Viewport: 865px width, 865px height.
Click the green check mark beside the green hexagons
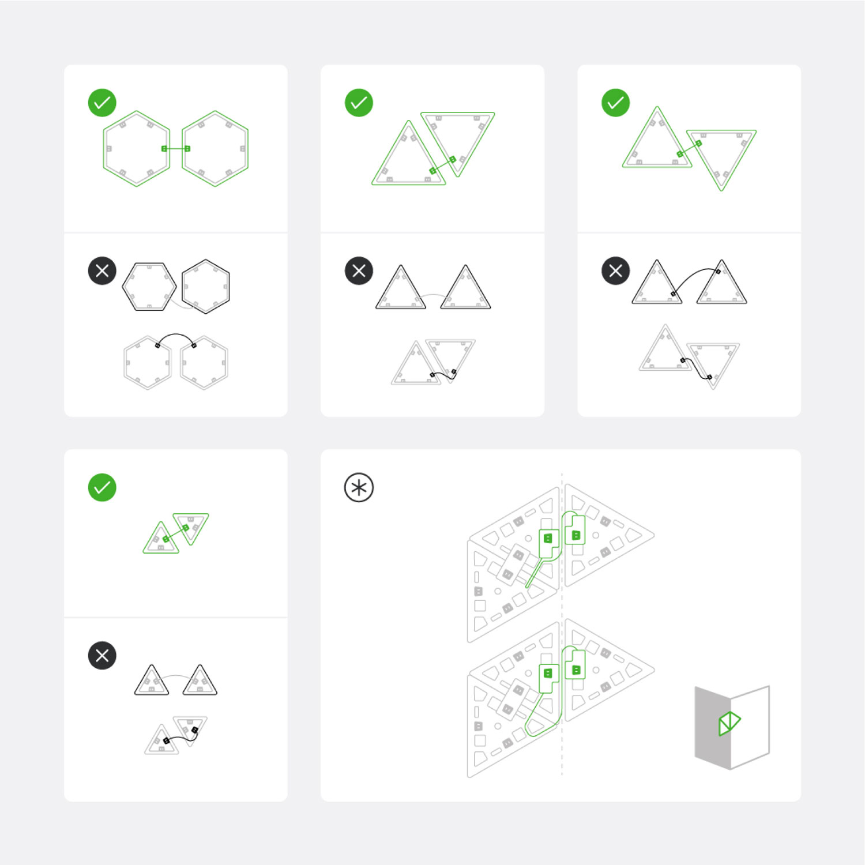pos(102,103)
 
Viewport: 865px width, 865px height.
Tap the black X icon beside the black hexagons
pos(102,271)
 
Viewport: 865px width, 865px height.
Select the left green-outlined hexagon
pos(137,149)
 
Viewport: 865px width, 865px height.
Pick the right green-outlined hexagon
pos(215,149)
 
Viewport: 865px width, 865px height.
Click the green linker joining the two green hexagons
pos(176,149)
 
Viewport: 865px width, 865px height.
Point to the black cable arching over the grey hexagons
pos(176,334)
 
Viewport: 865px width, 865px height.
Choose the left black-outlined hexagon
pos(149,287)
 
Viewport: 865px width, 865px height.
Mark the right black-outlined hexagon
pos(206,287)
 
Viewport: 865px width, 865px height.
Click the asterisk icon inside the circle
pos(359,488)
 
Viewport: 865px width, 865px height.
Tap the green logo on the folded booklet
pos(729,723)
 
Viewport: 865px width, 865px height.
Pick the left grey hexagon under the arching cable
pos(148,363)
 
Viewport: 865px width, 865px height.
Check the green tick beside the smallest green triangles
pos(102,488)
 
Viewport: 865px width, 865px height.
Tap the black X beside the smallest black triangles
pos(102,656)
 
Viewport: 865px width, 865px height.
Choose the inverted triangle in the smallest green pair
pos(191,525)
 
